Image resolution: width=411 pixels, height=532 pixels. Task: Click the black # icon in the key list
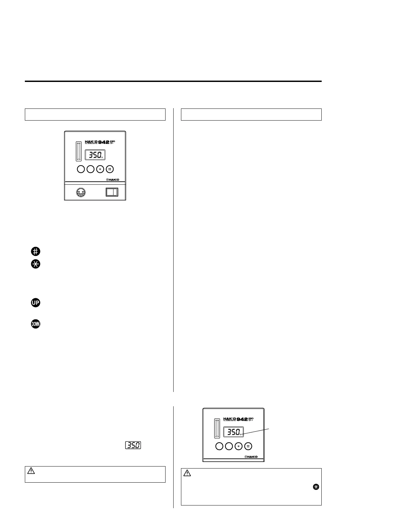pos(36,251)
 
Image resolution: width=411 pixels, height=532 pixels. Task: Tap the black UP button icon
pos(36,303)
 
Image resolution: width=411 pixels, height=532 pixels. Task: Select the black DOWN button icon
pos(36,324)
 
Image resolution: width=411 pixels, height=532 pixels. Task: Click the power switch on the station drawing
pos(112,192)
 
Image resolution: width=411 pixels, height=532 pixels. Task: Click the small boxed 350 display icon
pos(133,445)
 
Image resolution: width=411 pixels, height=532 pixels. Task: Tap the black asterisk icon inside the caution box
pos(316,487)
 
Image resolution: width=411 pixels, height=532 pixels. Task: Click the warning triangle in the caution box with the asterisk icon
pos(187,474)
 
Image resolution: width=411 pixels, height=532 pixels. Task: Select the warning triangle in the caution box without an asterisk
pos(31,471)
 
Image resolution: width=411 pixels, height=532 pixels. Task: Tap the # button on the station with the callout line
pos(248,446)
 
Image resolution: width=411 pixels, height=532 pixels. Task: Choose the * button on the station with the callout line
pos(238,446)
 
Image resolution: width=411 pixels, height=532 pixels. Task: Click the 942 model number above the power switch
pos(104,142)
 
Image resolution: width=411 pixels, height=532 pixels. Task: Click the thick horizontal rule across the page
pos(173,81)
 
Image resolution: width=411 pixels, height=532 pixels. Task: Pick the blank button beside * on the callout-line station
pos(229,446)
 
